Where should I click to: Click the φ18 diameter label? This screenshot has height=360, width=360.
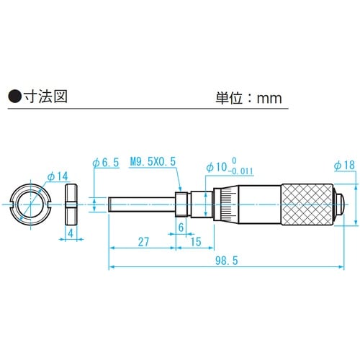343,166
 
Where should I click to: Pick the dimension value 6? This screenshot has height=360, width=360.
181,228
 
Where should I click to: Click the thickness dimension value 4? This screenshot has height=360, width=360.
71,234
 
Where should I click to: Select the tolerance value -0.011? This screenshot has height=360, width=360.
237,173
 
